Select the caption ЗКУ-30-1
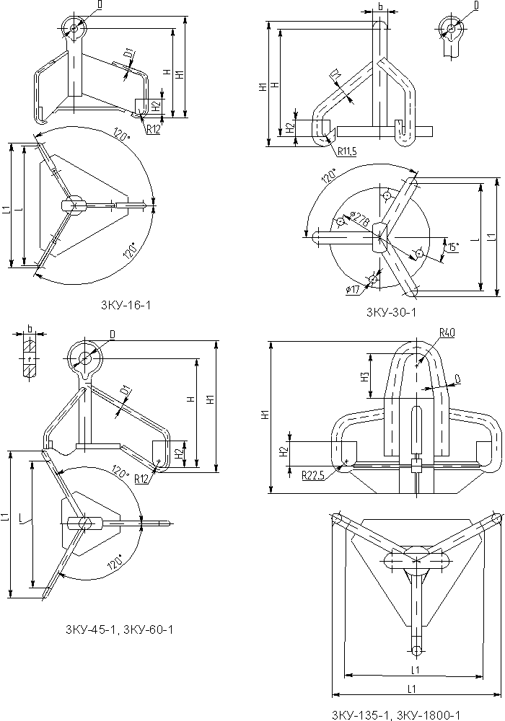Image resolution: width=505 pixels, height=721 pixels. click(391, 312)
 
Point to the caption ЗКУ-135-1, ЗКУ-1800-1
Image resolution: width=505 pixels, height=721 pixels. click(395, 715)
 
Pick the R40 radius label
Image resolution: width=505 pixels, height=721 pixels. click(447, 332)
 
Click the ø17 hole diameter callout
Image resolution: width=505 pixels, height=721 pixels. click(353, 289)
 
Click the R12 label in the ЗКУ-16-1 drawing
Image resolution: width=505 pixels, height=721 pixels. click(152, 130)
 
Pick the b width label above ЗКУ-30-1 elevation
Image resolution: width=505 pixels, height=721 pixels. click(379, 7)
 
